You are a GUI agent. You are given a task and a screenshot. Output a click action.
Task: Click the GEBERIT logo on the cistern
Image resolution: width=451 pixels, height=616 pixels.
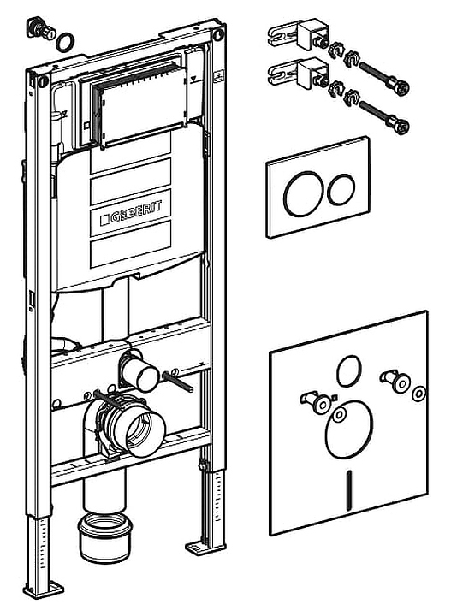(131, 213)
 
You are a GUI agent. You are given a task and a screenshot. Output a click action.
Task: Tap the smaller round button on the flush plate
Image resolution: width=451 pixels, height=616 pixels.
(341, 189)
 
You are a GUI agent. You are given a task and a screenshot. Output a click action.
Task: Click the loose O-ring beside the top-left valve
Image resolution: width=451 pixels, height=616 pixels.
(65, 42)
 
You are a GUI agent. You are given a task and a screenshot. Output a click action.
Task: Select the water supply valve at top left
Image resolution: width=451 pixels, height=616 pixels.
(41, 28)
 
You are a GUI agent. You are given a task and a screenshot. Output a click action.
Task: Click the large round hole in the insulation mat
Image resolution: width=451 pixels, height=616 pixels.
(348, 429)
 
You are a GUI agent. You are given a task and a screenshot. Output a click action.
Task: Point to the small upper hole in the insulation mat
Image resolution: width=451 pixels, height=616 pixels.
(348, 370)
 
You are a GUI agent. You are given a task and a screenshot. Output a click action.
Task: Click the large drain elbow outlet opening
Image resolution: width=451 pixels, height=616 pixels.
(143, 429)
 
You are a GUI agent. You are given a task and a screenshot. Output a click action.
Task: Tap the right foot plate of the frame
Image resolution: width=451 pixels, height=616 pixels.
(205, 548)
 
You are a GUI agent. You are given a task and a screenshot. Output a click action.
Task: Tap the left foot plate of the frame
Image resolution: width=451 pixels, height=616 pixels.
(43, 590)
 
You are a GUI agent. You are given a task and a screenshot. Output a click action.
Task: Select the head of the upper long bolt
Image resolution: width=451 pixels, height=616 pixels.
(399, 86)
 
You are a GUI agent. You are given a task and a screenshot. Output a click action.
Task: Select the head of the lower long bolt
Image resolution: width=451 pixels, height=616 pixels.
(399, 127)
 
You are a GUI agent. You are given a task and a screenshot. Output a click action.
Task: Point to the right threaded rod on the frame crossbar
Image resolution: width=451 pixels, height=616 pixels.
(177, 382)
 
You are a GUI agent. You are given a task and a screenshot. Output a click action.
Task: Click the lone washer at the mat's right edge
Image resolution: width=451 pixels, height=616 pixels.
(419, 394)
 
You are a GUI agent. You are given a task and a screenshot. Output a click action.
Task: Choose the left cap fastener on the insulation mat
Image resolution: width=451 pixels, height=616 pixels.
(317, 401)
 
